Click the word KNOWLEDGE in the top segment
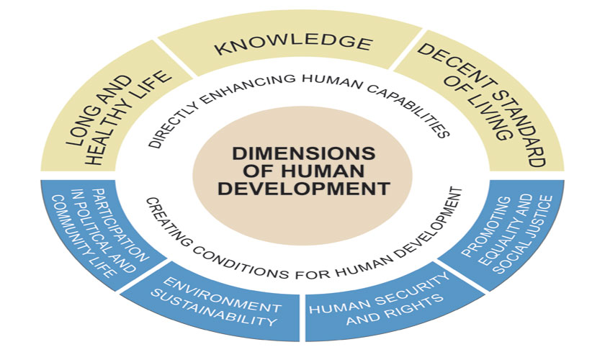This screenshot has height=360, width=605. point(293,45)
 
